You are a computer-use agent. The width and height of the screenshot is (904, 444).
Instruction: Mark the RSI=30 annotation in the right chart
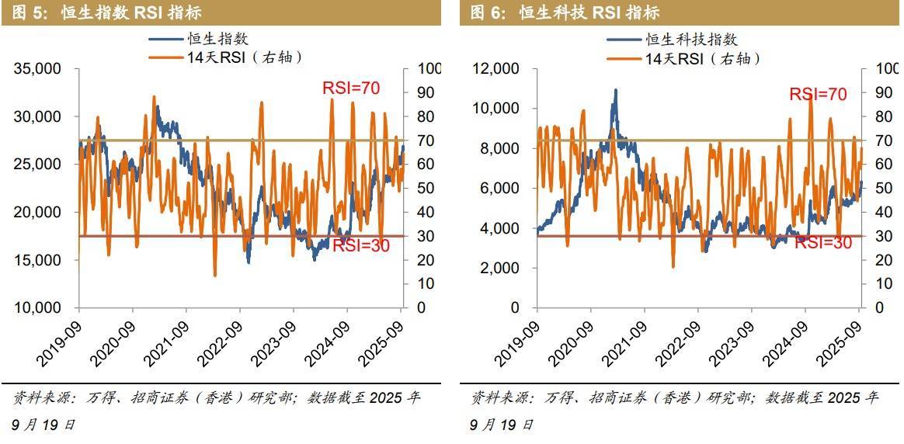point(823,243)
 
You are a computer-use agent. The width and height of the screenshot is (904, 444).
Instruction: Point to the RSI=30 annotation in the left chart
point(361,246)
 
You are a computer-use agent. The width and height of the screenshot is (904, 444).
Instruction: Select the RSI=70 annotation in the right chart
point(818,95)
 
